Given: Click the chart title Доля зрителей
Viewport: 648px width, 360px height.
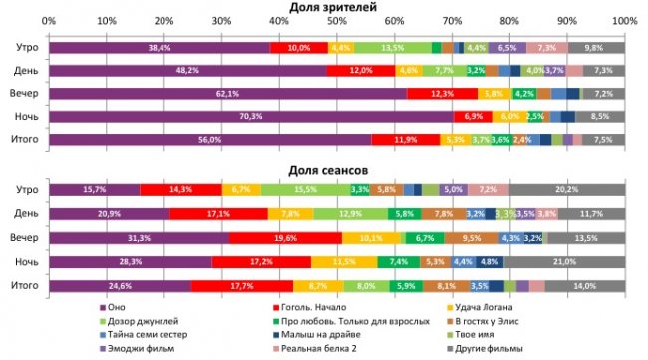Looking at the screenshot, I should pyautogui.click(x=333, y=8).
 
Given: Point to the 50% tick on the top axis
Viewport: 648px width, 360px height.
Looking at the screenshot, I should pyautogui.click(x=336, y=21).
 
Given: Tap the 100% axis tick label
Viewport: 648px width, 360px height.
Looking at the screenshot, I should pyautogui.click(x=624, y=21).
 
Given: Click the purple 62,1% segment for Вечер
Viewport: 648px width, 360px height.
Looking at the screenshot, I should pyautogui.click(x=227, y=94).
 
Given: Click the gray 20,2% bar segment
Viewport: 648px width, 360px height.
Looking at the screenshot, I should pyautogui.click(x=566, y=190).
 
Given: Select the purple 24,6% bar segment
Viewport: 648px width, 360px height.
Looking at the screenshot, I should pyautogui.click(x=120, y=286).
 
